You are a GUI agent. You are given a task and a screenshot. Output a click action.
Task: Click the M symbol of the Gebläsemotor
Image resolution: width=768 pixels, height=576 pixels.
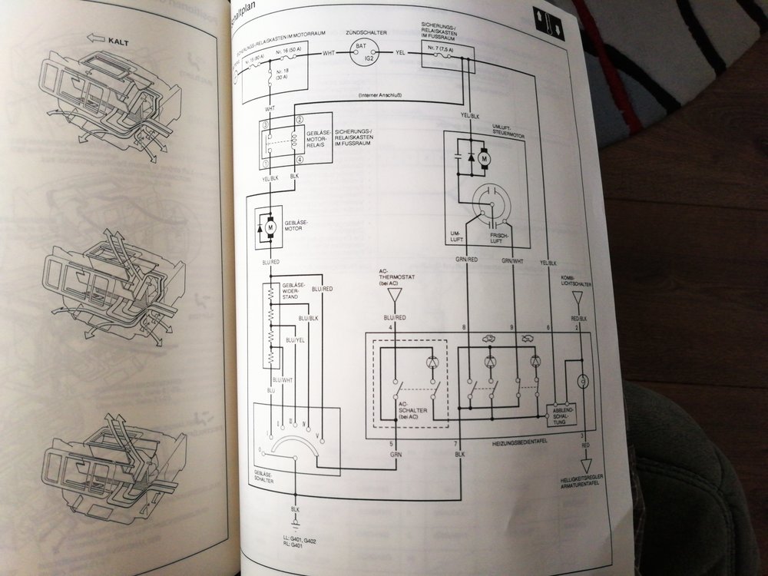pos(270,227)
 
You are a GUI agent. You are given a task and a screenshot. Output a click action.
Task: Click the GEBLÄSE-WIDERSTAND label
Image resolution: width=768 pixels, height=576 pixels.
pos(296,291)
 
